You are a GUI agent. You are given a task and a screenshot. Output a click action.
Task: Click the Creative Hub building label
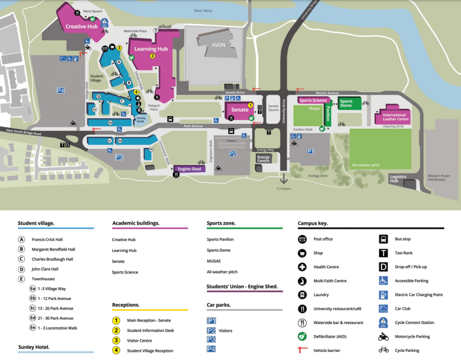(x=81, y=27)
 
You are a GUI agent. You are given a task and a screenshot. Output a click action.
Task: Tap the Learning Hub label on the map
(x=151, y=49)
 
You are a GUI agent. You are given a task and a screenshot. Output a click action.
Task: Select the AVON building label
(x=218, y=45)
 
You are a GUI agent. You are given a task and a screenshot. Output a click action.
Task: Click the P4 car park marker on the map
(x=61, y=90)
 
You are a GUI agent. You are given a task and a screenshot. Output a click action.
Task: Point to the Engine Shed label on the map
(x=189, y=169)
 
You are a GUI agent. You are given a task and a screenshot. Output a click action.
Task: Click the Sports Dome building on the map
(x=346, y=103)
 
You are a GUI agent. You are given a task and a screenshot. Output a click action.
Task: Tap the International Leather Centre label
(x=396, y=117)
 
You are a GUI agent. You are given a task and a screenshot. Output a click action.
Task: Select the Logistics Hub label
(x=398, y=179)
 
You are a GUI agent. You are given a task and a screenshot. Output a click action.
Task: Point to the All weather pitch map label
(x=366, y=165)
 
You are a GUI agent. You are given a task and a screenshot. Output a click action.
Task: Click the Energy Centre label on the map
(x=263, y=159)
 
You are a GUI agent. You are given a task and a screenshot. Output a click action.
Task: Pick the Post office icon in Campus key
(x=302, y=239)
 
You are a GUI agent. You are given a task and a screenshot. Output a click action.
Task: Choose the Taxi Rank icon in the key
(x=384, y=253)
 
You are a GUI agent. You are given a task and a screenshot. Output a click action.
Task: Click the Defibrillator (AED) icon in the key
(x=302, y=336)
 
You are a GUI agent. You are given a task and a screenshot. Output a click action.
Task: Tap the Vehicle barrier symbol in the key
(x=302, y=350)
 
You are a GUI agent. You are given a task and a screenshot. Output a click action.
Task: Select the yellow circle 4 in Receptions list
(x=116, y=351)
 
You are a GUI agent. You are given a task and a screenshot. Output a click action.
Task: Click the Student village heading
(x=36, y=223)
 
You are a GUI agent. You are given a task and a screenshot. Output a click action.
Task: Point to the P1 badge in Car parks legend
(x=211, y=320)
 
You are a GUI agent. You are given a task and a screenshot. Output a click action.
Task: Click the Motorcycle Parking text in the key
(x=412, y=337)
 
